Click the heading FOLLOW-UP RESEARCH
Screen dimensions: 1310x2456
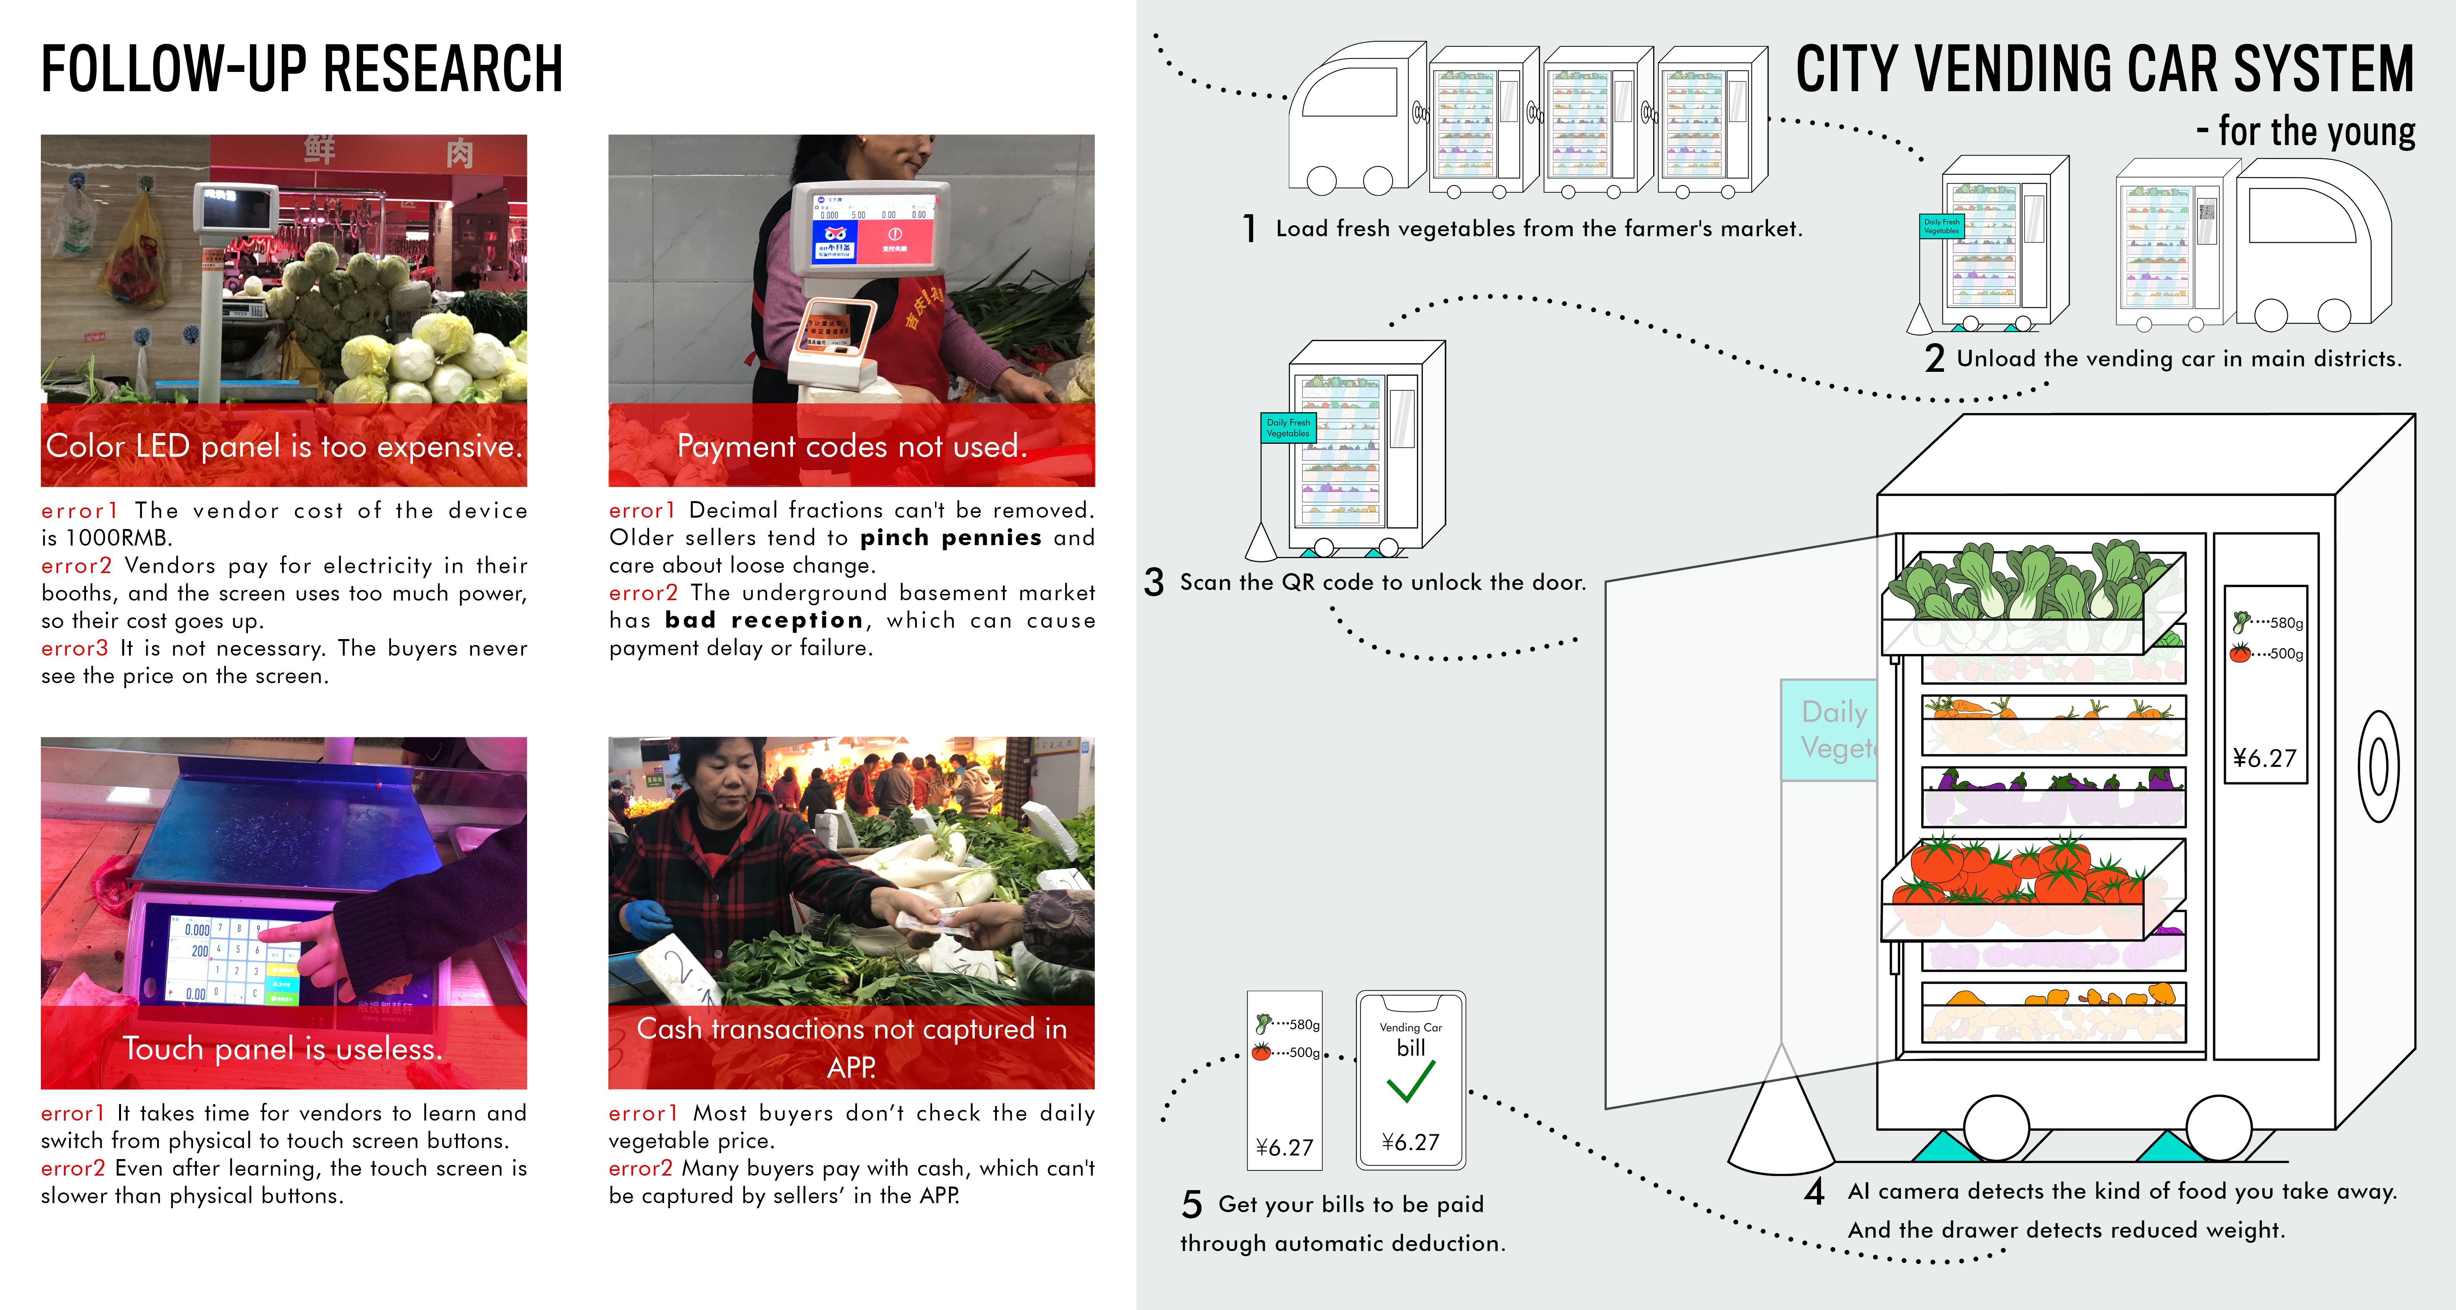(x=301, y=70)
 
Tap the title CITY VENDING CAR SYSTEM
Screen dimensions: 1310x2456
(x=2104, y=70)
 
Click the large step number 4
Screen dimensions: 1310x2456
(x=1814, y=1192)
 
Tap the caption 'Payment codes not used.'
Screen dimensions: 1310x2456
(x=852, y=446)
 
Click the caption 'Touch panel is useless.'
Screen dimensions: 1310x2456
(x=283, y=1049)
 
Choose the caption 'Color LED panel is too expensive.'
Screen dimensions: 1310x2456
(x=283, y=446)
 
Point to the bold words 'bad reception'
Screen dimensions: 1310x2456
(x=763, y=621)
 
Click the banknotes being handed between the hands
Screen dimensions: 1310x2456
(x=930, y=920)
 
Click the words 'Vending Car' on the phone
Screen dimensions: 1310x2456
(x=1410, y=1027)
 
